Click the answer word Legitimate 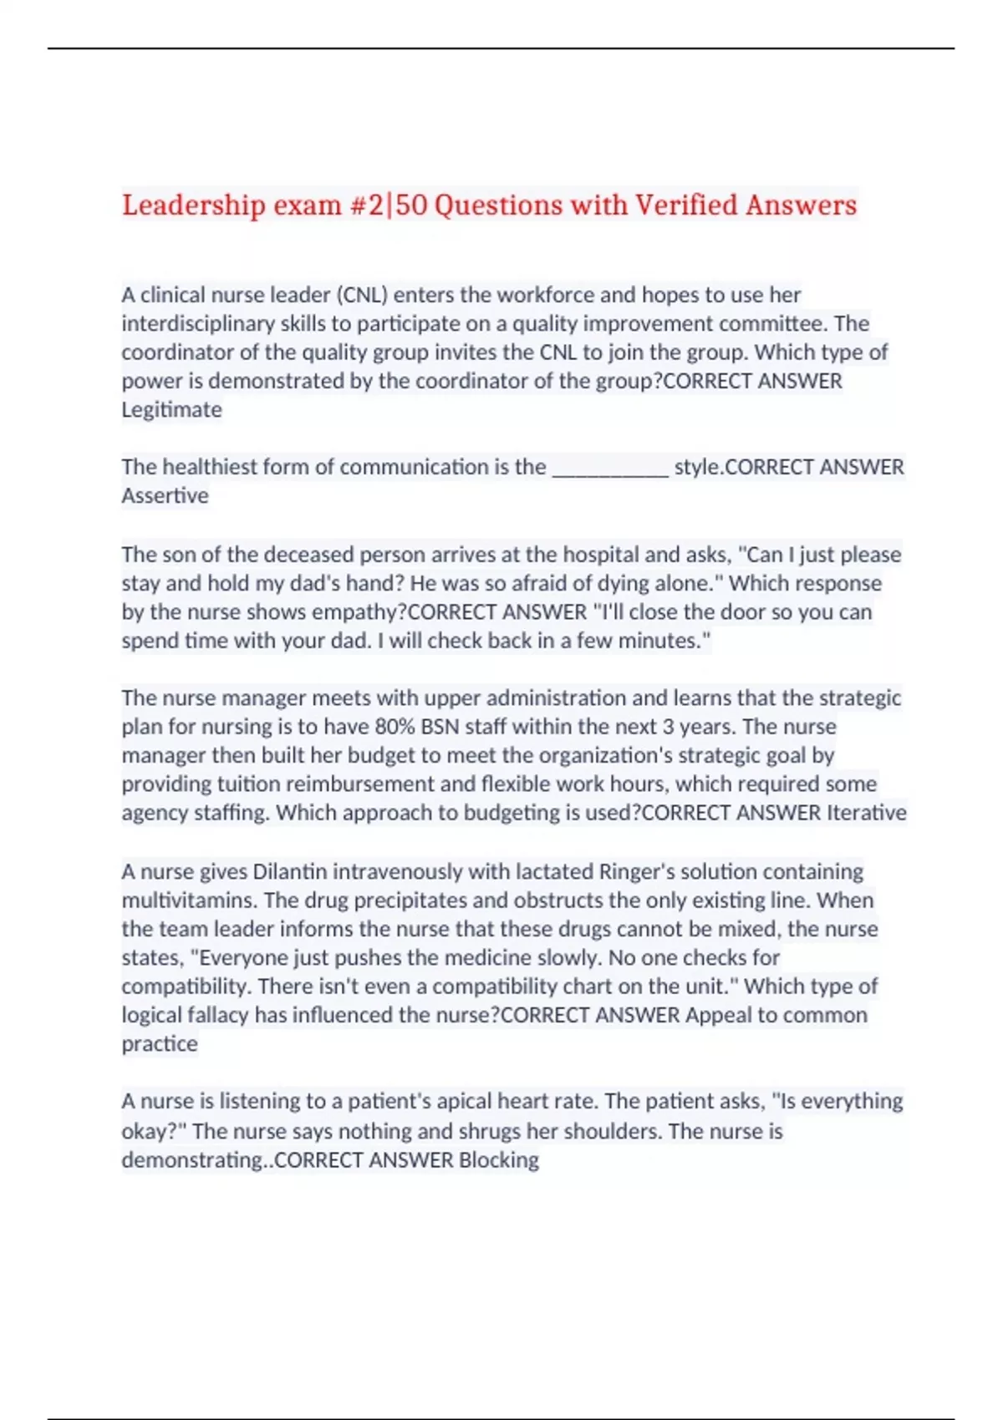[171, 409]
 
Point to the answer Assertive [165, 495]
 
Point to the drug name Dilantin [290, 871]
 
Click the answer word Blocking [499, 1159]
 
